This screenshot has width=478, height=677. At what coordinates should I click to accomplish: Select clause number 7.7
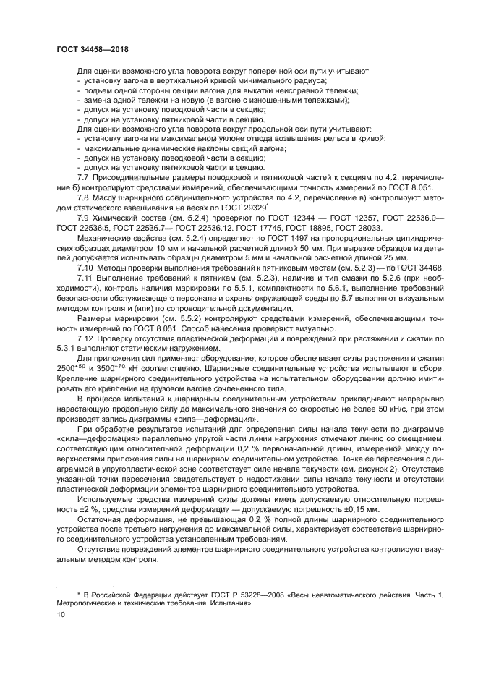84,176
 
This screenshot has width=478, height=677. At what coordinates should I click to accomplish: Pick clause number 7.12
86,339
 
